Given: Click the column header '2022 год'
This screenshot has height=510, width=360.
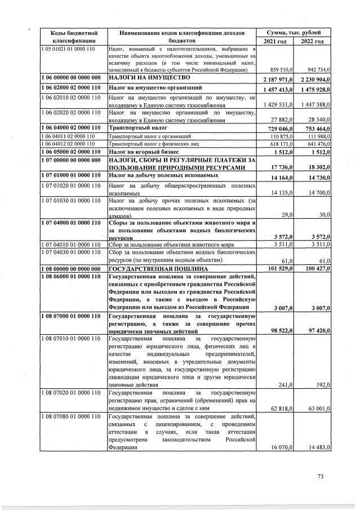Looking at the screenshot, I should pos(312,42).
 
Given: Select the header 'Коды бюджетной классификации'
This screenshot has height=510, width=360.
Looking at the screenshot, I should pos(71,37).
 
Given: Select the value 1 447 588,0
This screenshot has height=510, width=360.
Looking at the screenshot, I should pos(313,105).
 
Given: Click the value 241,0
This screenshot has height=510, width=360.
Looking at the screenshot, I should pos(283,385).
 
